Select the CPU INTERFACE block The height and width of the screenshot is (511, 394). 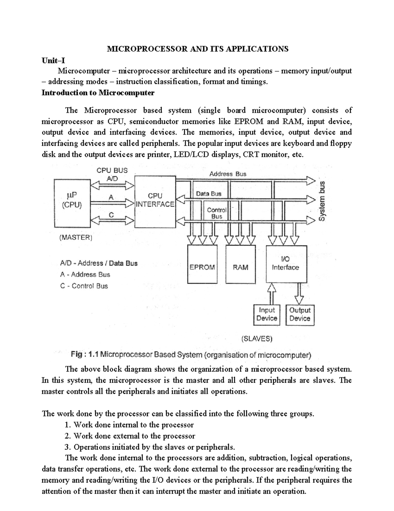pos(155,201)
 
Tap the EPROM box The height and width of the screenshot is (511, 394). pos(202,264)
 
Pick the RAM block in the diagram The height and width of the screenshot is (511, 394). pos(241,264)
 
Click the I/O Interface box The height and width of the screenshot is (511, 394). pos(286,264)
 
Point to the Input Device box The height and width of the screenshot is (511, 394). pos(267,314)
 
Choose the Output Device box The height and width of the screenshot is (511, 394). pos(300,314)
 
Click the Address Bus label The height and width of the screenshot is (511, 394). pos(228,174)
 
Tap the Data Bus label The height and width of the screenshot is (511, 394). pos(209,194)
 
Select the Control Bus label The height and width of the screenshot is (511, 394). pos(217,213)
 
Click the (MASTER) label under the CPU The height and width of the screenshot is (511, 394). pos(76,238)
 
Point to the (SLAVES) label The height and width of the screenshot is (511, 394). pos(257,339)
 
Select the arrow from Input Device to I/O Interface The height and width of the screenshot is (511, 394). pos(271,294)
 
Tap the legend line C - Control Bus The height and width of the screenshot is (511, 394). pos(84,286)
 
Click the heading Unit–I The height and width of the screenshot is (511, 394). pos(53,60)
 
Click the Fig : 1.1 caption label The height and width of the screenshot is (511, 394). pos(85,355)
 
